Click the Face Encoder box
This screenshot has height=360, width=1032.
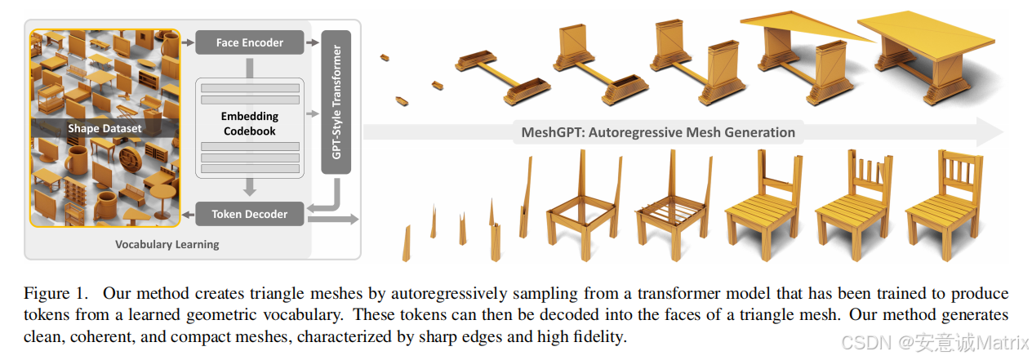point(249,42)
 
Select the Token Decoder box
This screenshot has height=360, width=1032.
point(249,214)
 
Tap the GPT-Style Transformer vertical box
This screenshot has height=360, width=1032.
point(336,102)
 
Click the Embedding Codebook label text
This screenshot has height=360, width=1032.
point(249,124)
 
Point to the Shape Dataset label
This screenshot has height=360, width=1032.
point(105,128)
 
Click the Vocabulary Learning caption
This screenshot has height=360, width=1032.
point(167,244)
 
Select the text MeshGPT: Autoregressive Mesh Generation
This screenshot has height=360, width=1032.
point(658,131)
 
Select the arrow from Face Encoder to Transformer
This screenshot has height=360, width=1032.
point(312,42)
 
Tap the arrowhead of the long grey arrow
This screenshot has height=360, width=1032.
point(990,131)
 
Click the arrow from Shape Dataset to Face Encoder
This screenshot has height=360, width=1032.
point(187,42)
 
